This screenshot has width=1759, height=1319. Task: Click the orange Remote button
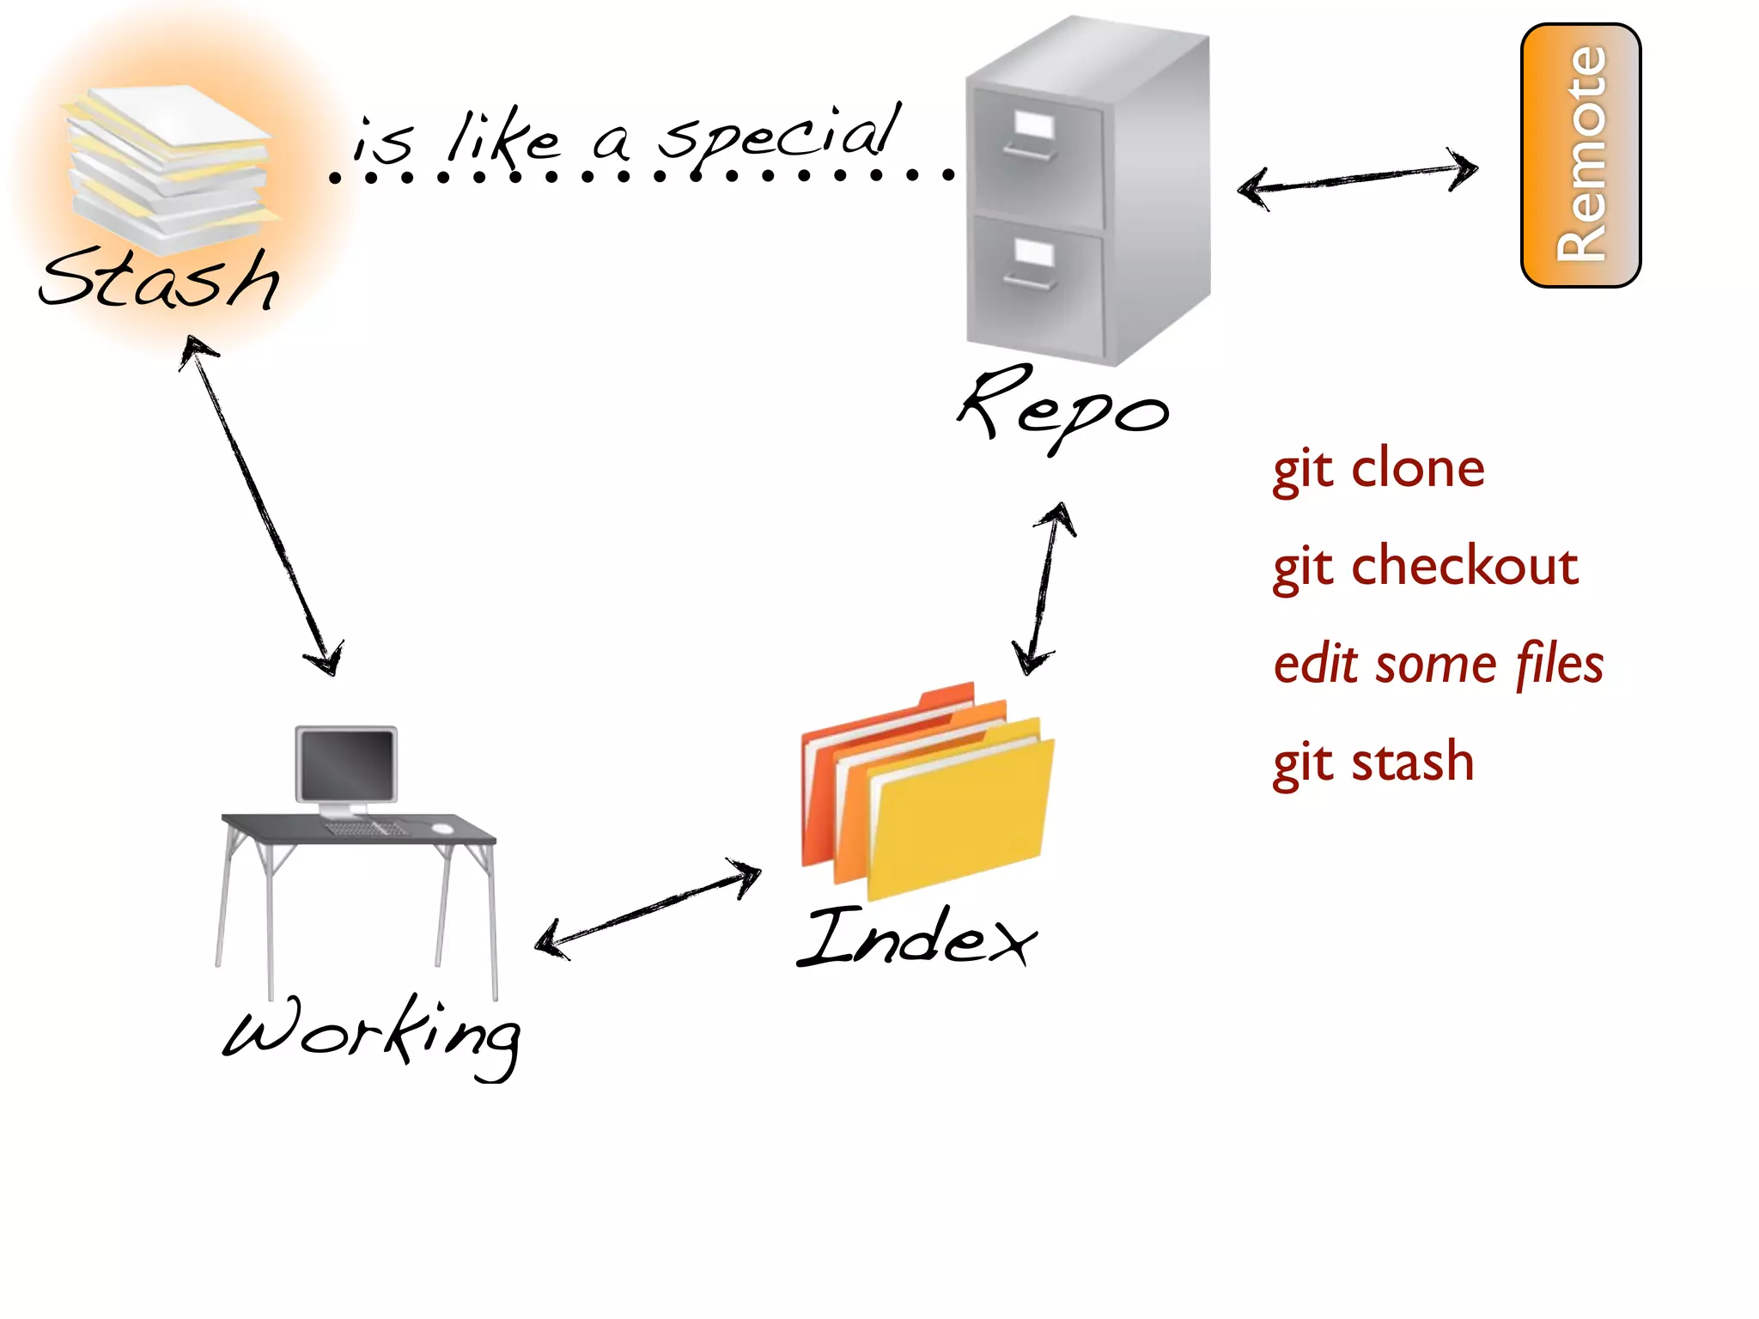(1580, 155)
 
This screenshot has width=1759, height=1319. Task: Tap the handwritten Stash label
(161, 279)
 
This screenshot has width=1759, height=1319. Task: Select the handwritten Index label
(917, 938)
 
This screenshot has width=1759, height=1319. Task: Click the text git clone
(1378, 470)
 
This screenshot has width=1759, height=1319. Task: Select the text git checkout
(1425, 567)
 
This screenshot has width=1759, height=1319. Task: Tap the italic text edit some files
(1438, 665)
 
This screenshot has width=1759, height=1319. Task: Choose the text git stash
(1373, 763)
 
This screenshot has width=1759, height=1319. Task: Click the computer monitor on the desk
(346, 764)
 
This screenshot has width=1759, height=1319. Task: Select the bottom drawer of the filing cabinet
(1035, 283)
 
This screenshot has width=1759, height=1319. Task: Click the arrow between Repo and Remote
(1357, 178)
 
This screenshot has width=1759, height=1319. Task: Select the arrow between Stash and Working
(262, 507)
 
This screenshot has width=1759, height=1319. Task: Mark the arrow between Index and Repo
(1043, 588)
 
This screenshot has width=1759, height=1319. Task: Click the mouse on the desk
(442, 828)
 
